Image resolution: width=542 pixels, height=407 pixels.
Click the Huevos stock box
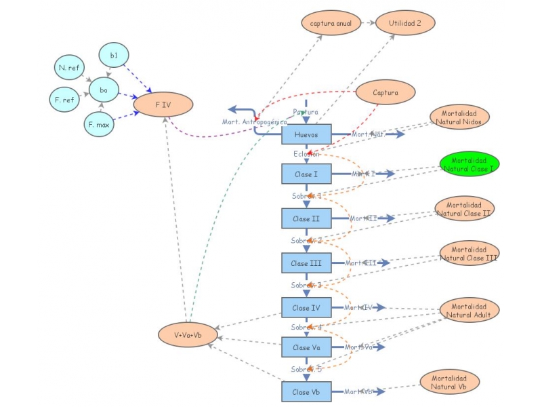(306, 134)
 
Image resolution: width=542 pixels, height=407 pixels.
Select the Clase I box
(306, 174)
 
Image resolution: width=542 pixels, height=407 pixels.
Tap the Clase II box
(306, 218)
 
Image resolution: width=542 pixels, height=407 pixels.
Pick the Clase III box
(306, 263)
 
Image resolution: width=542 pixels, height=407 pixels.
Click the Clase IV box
(306, 307)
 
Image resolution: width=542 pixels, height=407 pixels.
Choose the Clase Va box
(306, 347)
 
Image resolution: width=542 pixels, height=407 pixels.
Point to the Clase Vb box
(306, 391)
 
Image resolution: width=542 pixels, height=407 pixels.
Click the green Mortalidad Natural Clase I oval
(469, 164)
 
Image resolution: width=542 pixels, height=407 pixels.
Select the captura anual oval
(331, 22)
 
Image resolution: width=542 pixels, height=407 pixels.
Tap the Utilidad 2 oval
(405, 22)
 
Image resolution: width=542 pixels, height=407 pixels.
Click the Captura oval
(385, 92)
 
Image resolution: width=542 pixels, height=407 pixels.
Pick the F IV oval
(164, 104)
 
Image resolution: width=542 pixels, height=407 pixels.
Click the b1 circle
(114, 54)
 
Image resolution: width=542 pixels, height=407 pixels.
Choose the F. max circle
(99, 124)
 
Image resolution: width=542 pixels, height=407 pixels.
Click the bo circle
(103, 90)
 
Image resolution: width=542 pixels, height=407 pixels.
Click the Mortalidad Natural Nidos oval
(459, 116)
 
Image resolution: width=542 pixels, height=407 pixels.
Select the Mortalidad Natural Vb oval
(449, 382)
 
